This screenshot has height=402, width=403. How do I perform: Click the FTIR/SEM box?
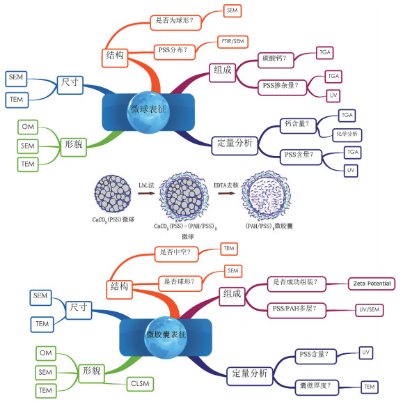[233, 42]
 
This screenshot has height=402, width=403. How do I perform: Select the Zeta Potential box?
[372, 284]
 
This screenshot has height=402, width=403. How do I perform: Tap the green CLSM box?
[140, 384]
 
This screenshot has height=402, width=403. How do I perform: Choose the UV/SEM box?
[370, 310]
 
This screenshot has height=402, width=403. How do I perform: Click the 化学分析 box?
[347, 135]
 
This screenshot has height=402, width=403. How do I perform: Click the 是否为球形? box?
[175, 22]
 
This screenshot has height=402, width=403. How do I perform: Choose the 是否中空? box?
[176, 254]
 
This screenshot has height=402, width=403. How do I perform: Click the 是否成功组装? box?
[297, 284]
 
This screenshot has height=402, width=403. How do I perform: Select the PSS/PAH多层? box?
[297, 311]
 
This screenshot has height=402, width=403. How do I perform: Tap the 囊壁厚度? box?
[317, 387]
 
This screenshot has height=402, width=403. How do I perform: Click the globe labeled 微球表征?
[148, 112]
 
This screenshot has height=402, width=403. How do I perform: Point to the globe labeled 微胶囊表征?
[166, 337]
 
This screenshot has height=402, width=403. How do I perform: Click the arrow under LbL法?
[146, 193]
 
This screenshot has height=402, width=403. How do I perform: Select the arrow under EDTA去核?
[226, 193]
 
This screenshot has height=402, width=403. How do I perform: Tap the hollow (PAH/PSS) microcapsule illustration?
[267, 196]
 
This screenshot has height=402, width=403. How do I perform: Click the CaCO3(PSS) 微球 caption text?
[113, 220]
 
